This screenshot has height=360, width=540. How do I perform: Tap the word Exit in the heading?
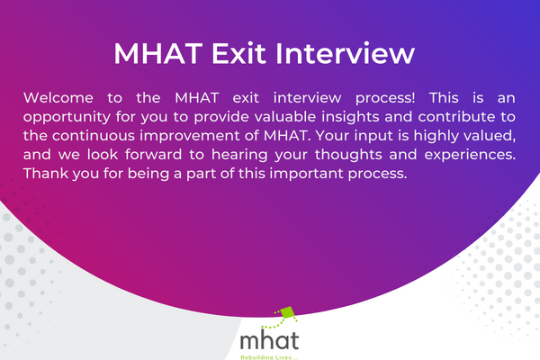[x=238, y=52]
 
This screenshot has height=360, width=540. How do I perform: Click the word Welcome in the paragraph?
[x=56, y=96]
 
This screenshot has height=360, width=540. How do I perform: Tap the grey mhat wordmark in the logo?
[x=270, y=340]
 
